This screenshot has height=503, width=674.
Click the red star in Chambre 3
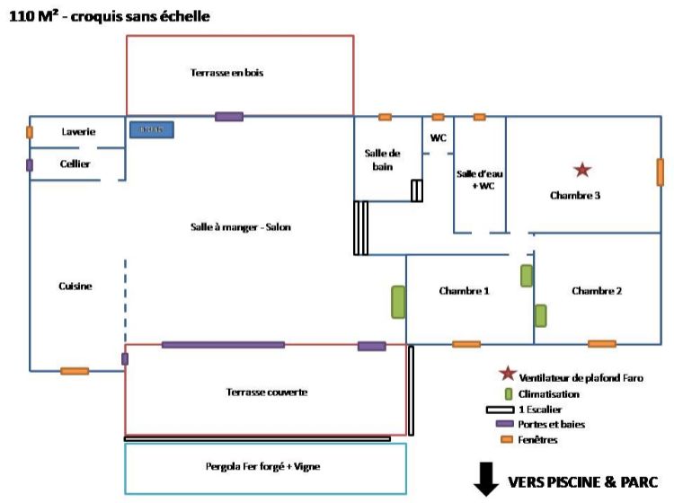(x=583, y=169)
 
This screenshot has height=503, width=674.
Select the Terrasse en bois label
(x=226, y=73)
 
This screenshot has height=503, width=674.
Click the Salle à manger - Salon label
(x=241, y=227)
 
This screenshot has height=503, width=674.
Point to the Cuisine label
(x=75, y=286)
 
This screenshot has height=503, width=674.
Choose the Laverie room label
(x=78, y=132)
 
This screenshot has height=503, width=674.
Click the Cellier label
(x=75, y=163)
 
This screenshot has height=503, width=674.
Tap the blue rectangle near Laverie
(x=151, y=130)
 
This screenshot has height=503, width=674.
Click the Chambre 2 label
(x=597, y=291)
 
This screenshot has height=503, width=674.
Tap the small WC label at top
(x=439, y=138)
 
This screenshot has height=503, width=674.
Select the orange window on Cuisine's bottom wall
(x=74, y=370)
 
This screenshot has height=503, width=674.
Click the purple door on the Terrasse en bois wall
(x=228, y=116)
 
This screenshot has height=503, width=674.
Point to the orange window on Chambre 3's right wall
(x=660, y=172)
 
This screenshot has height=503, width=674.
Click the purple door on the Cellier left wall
(x=30, y=165)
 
